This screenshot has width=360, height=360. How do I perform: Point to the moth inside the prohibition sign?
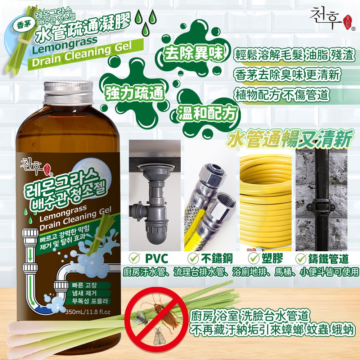pyautogui.click(x=159, y=337)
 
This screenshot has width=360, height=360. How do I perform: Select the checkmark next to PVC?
pyautogui.click(x=134, y=258)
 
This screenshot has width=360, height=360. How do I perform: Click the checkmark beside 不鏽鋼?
pyautogui.click(x=194, y=258)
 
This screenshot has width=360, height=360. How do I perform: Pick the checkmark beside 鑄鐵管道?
pyautogui.click(x=301, y=258)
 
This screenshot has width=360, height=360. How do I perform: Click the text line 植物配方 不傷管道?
pyautogui.click(x=282, y=95)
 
